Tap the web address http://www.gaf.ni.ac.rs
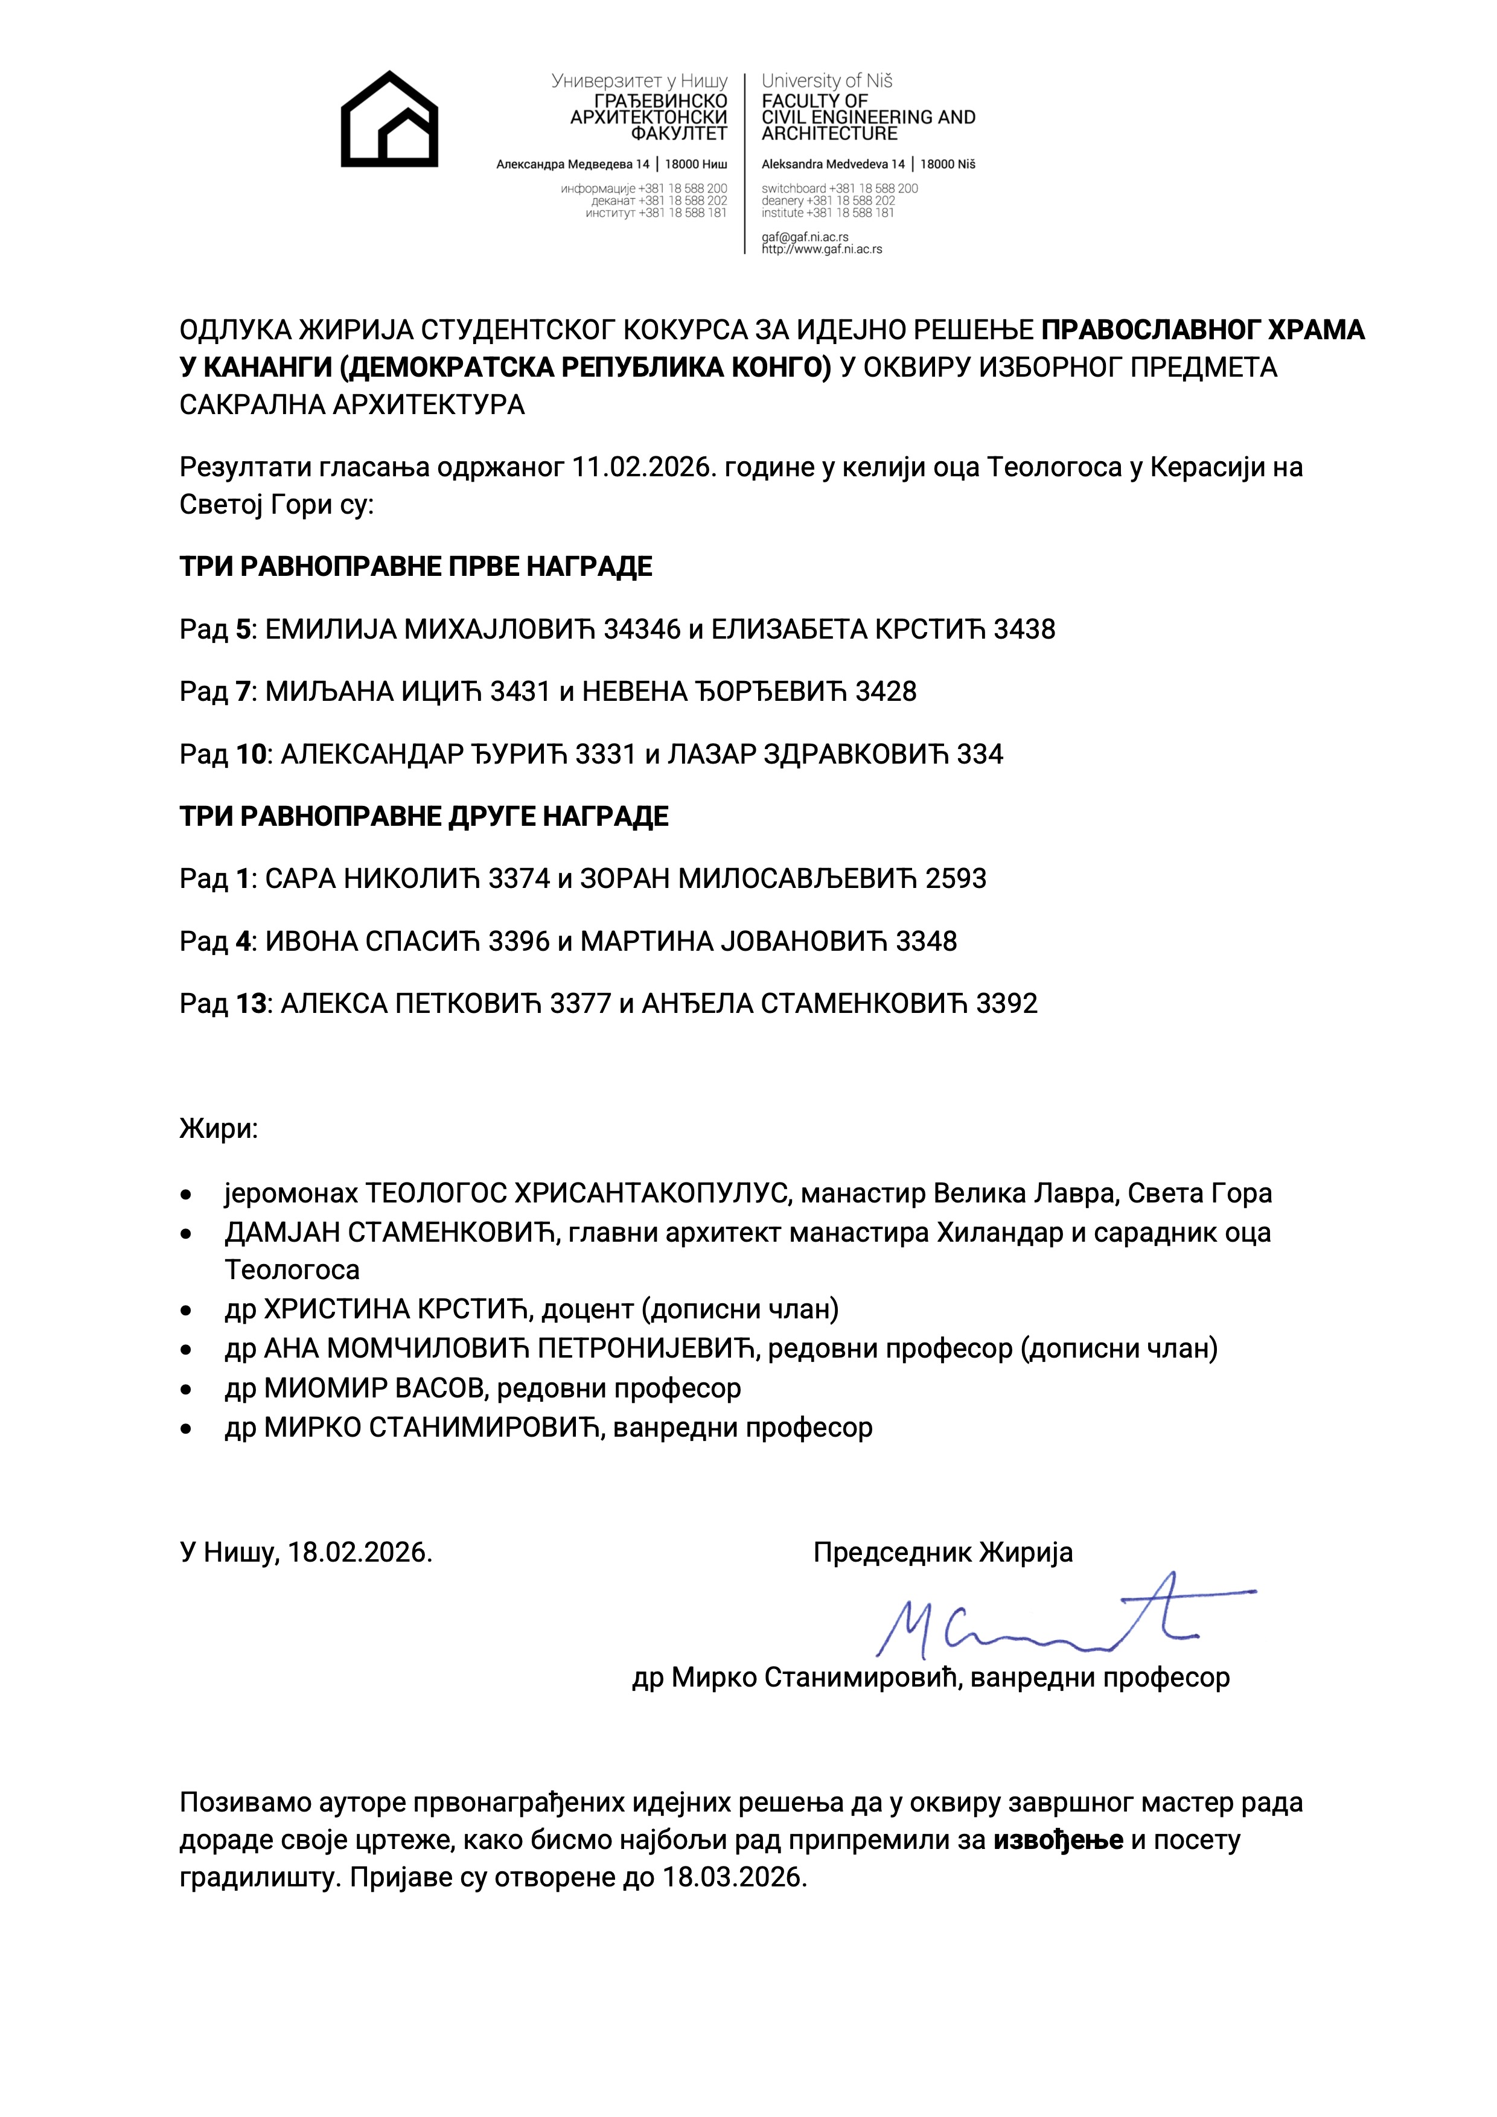(822, 249)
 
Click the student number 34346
(642, 630)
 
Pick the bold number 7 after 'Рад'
(243, 692)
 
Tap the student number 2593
(956, 879)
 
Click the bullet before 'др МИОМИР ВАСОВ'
(187, 1388)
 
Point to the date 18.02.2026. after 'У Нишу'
(360, 1553)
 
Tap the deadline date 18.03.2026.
(734, 1877)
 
